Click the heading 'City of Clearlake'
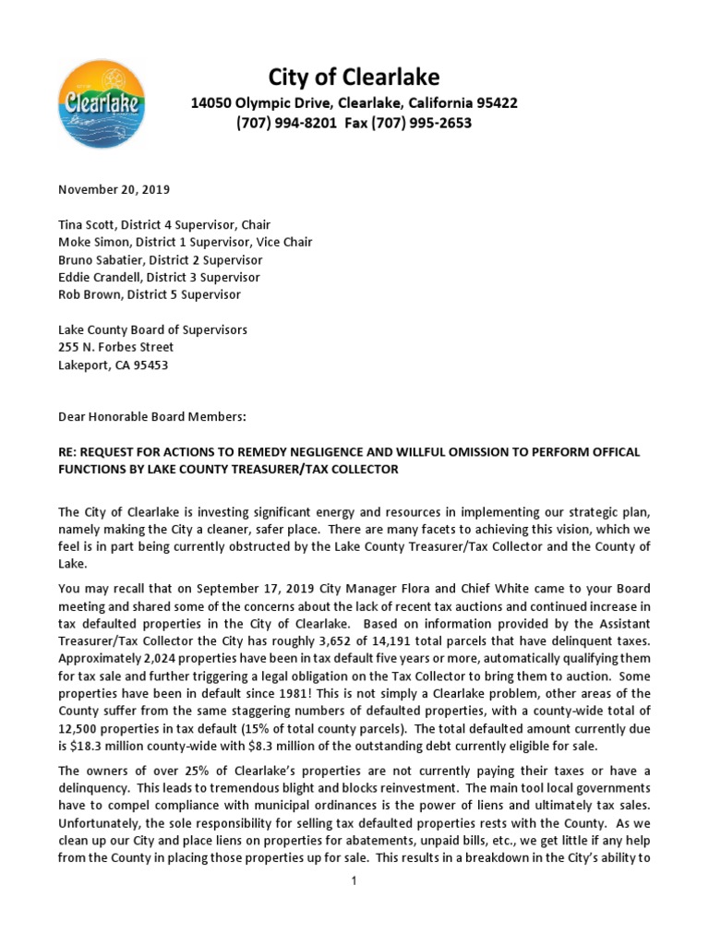tap(354, 77)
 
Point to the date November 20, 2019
tap(114, 189)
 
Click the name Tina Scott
tap(88, 224)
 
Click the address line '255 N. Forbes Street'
tap(115, 347)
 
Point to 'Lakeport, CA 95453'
tap(114, 365)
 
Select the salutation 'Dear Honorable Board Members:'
tap(152, 416)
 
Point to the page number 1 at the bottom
tap(354, 880)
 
